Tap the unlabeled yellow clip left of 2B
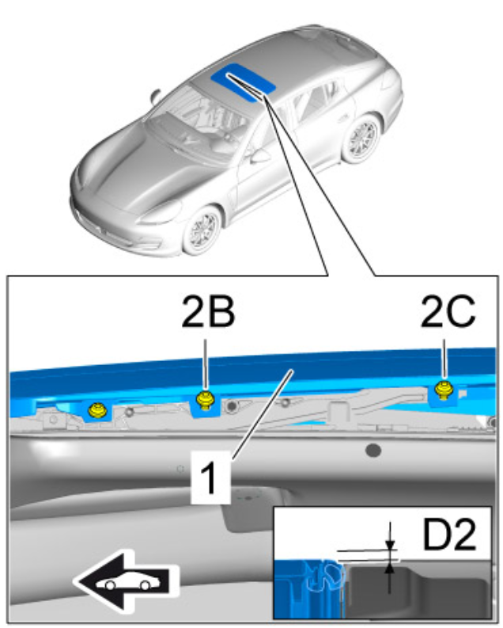[98, 410]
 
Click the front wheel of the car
[201, 230]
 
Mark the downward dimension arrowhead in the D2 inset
[389, 546]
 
